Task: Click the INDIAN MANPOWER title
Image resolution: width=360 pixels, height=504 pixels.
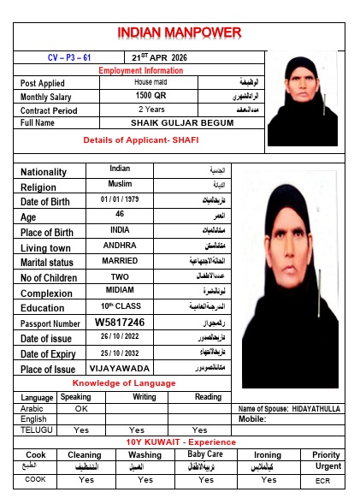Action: (180, 33)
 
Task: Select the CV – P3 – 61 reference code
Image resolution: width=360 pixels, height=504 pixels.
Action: (68, 57)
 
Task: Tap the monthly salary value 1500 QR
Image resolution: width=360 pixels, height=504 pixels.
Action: (150, 96)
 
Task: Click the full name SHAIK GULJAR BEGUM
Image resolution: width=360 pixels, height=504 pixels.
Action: (181, 123)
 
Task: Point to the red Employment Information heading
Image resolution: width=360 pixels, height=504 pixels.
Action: (141, 70)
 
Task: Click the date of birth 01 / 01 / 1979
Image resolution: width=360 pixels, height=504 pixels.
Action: (119, 199)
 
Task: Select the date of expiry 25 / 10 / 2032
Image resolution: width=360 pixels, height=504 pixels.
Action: (119, 353)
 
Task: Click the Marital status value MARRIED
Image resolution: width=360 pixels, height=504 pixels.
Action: (119, 261)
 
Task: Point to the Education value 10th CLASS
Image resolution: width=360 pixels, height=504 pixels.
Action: (119, 307)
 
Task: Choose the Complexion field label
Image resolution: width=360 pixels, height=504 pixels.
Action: (47, 294)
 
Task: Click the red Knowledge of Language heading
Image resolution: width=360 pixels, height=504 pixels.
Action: (124, 382)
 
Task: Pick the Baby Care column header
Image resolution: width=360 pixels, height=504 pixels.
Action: (205, 454)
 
